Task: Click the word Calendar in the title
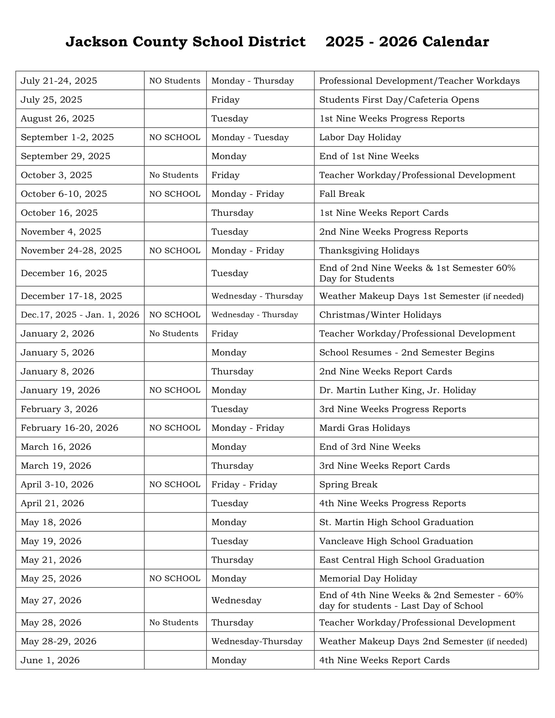(x=455, y=42)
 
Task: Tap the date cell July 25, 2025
(x=52, y=100)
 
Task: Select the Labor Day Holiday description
(x=360, y=137)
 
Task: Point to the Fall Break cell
(x=342, y=194)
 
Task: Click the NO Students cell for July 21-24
(x=175, y=81)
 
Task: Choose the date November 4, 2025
(x=61, y=232)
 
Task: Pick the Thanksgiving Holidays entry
(x=369, y=251)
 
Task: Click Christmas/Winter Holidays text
(x=380, y=315)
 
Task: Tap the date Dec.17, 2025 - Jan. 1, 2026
(x=80, y=315)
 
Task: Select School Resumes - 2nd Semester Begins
(x=406, y=352)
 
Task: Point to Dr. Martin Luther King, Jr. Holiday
(x=398, y=390)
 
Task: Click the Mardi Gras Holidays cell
(x=364, y=428)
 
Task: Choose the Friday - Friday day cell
(x=244, y=484)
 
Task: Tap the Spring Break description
(x=348, y=484)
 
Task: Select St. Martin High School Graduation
(x=396, y=522)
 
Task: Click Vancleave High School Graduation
(x=396, y=541)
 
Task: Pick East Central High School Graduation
(x=402, y=560)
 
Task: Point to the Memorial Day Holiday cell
(x=368, y=578)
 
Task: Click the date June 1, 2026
(x=50, y=660)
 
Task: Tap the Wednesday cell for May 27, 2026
(x=236, y=600)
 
